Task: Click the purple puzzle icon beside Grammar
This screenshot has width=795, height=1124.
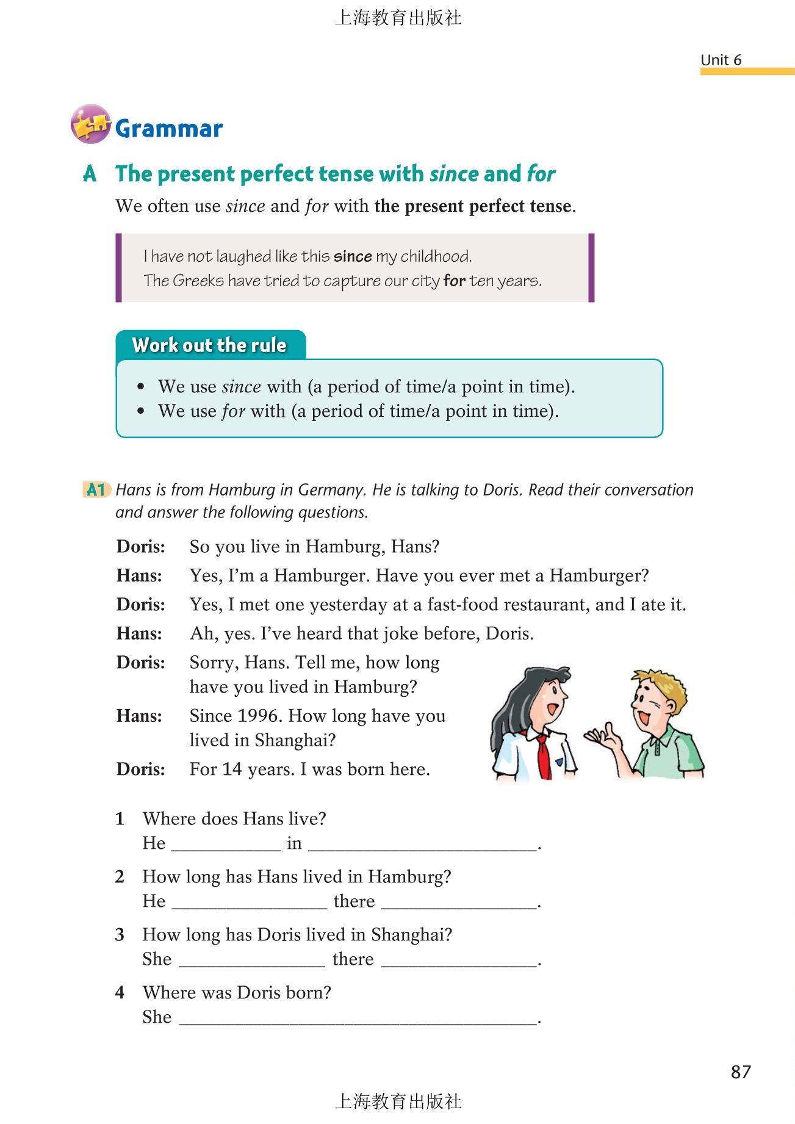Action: click(90, 124)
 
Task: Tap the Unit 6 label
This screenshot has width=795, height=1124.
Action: click(721, 60)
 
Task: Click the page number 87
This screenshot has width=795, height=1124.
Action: click(741, 1072)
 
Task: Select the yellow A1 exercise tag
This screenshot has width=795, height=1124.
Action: click(96, 489)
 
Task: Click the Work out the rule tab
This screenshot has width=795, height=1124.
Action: click(210, 345)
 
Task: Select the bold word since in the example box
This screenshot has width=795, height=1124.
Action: click(353, 256)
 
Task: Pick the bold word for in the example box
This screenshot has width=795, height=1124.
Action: click(455, 281)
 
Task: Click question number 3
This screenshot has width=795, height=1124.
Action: click(120, 935)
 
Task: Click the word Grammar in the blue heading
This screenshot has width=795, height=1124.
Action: click(169, 129)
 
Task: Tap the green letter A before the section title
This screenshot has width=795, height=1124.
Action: click(90, 174)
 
